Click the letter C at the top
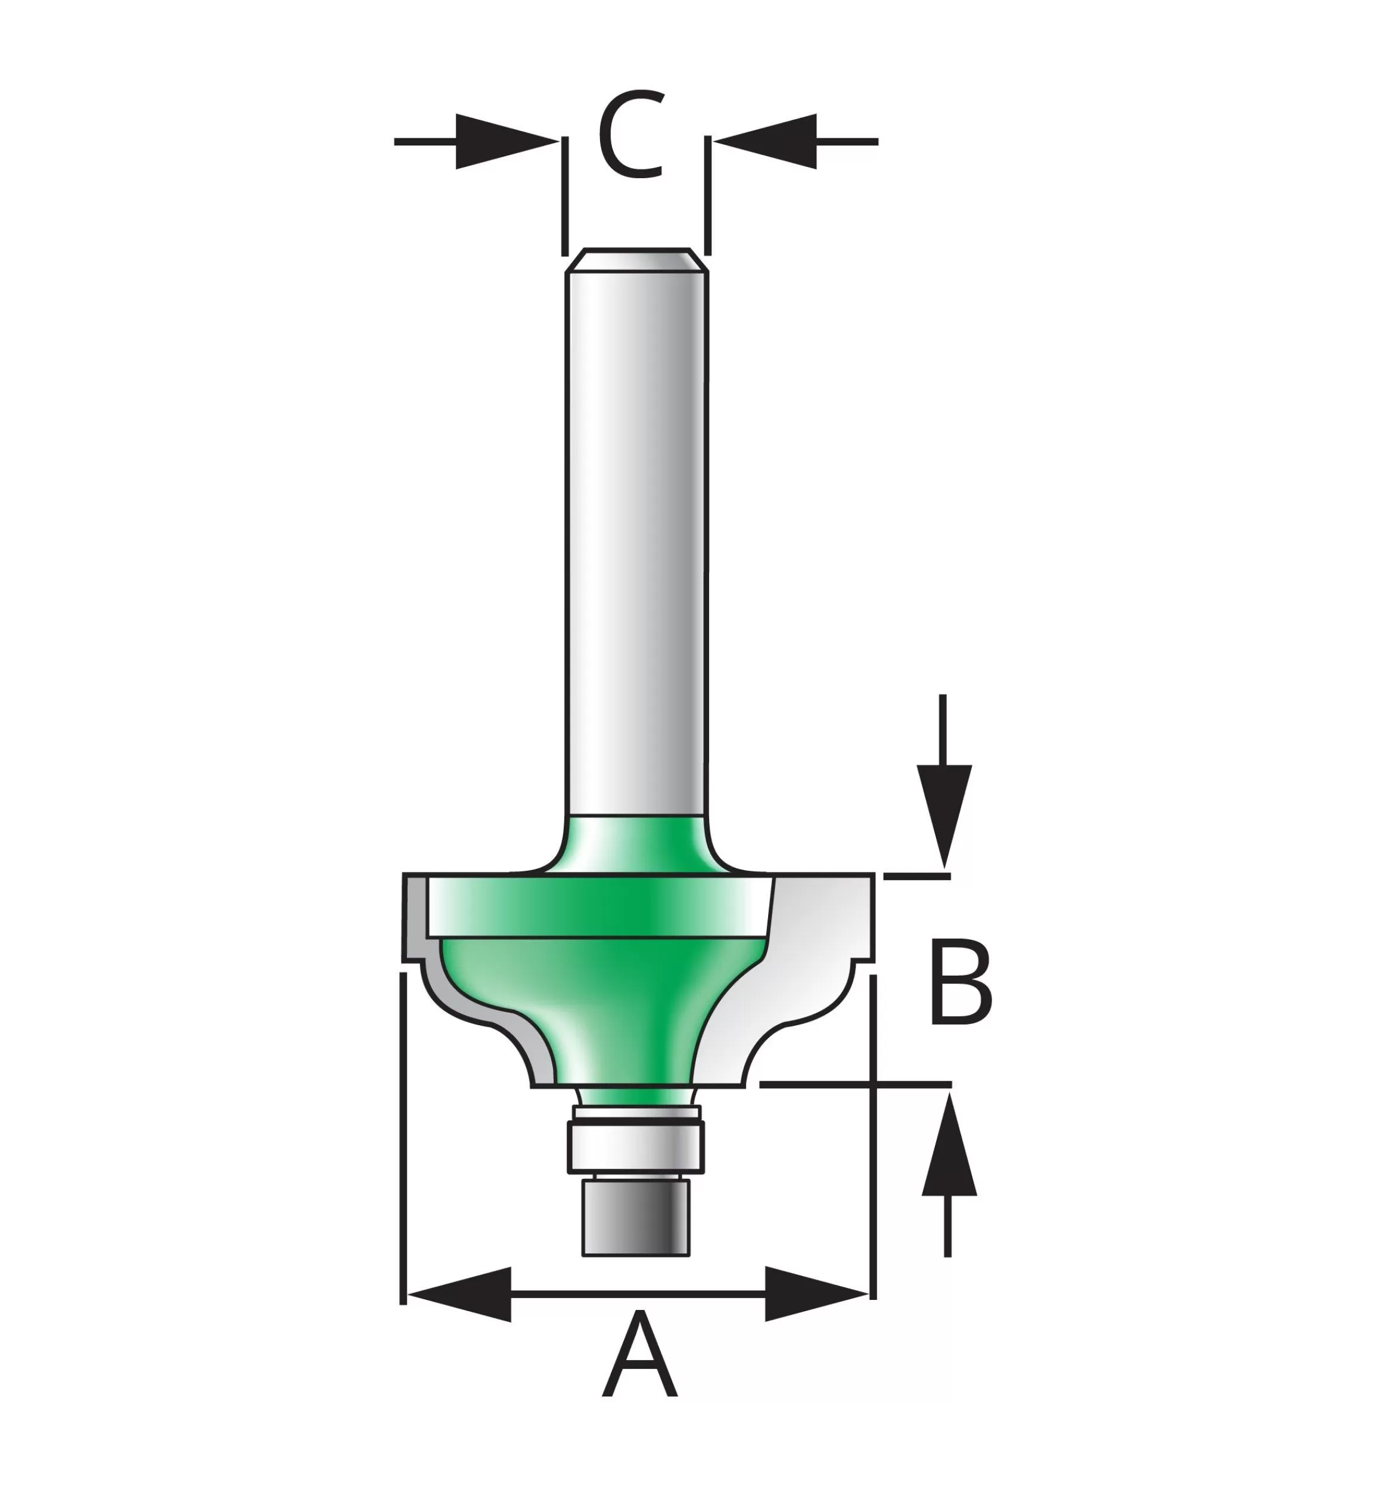click(x=632, y=135)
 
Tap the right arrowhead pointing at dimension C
click(x=764, y=141)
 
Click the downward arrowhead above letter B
click(x=944, y=817)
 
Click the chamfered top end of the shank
click(x=636, y=260)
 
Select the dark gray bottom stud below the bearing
click(x=636, y=1216)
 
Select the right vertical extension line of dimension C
click(x=707, y=195)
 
